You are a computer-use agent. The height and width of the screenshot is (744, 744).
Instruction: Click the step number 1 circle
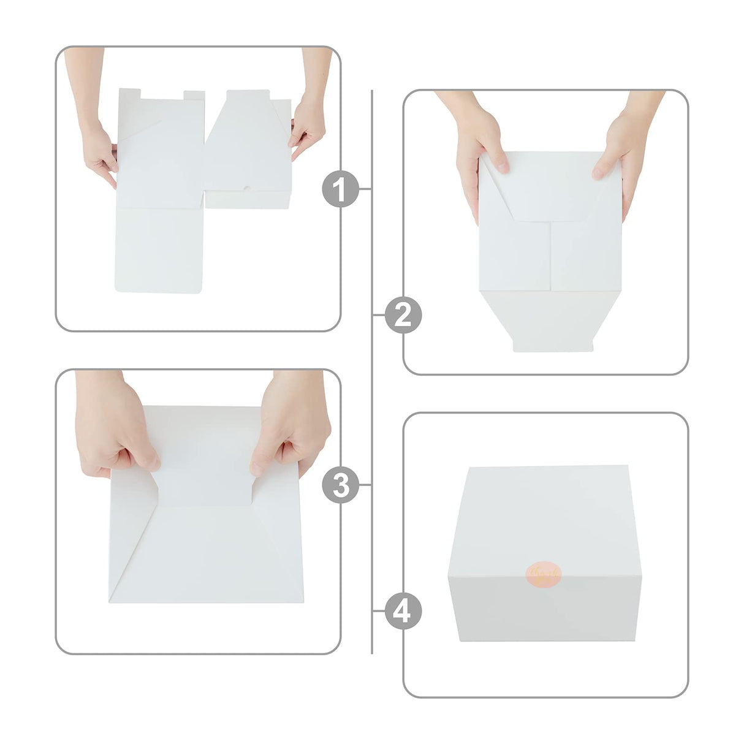point(340,189)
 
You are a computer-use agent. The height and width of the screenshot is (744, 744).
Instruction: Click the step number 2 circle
point(403,316)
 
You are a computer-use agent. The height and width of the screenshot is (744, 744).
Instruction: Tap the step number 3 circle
point(340,485)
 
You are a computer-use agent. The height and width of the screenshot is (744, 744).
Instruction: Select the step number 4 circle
point(403,611)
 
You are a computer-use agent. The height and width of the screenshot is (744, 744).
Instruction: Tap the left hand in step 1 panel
point(98,150)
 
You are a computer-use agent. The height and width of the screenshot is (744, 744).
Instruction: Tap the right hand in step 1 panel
point(307,126)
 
